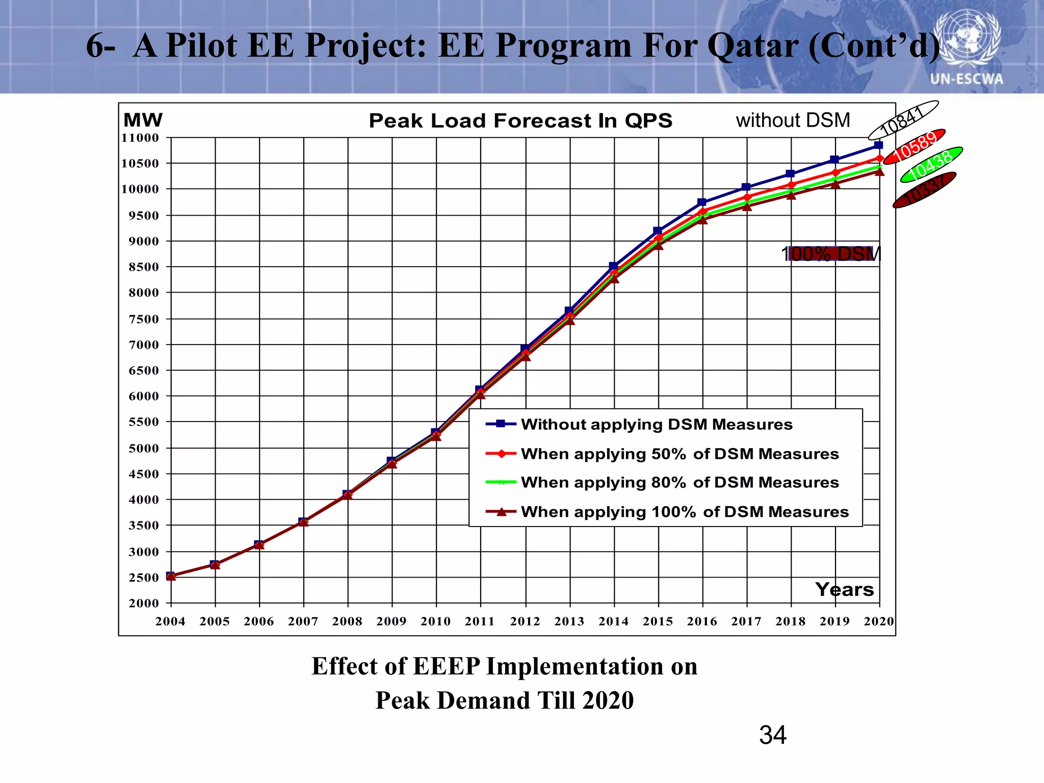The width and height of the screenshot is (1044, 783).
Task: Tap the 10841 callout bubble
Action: coord(903,120)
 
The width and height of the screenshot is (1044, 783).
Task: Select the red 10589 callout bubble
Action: coord(914,147)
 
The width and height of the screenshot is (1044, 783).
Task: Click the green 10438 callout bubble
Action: coord(931,165)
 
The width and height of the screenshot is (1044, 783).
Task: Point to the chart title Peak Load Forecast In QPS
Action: coord(520,121)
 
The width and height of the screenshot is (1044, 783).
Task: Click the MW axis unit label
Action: coord(143,120)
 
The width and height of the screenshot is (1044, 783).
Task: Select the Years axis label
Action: coord(844,589)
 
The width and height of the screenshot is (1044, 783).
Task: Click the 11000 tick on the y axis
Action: coord(140,138)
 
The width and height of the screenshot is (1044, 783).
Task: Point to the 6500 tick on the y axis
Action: coord(144,371)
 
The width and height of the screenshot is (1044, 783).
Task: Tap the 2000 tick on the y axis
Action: coord(144,603)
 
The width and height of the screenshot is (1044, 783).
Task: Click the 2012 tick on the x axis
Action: coord(525,621)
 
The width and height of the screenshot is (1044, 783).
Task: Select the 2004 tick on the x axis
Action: coord(170,621)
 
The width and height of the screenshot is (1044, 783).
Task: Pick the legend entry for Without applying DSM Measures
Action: coord(656,424)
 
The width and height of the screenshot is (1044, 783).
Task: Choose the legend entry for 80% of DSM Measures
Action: coord(679,482)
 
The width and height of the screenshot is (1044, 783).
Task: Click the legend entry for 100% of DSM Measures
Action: coord(684,512)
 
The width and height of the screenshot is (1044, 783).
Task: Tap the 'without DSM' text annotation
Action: coord(793,120)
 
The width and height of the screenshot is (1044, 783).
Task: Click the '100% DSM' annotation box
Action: coord(831,253)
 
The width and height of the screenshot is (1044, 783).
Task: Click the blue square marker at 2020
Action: coord(878,145)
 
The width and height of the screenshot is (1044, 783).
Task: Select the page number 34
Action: coord(772,735)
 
